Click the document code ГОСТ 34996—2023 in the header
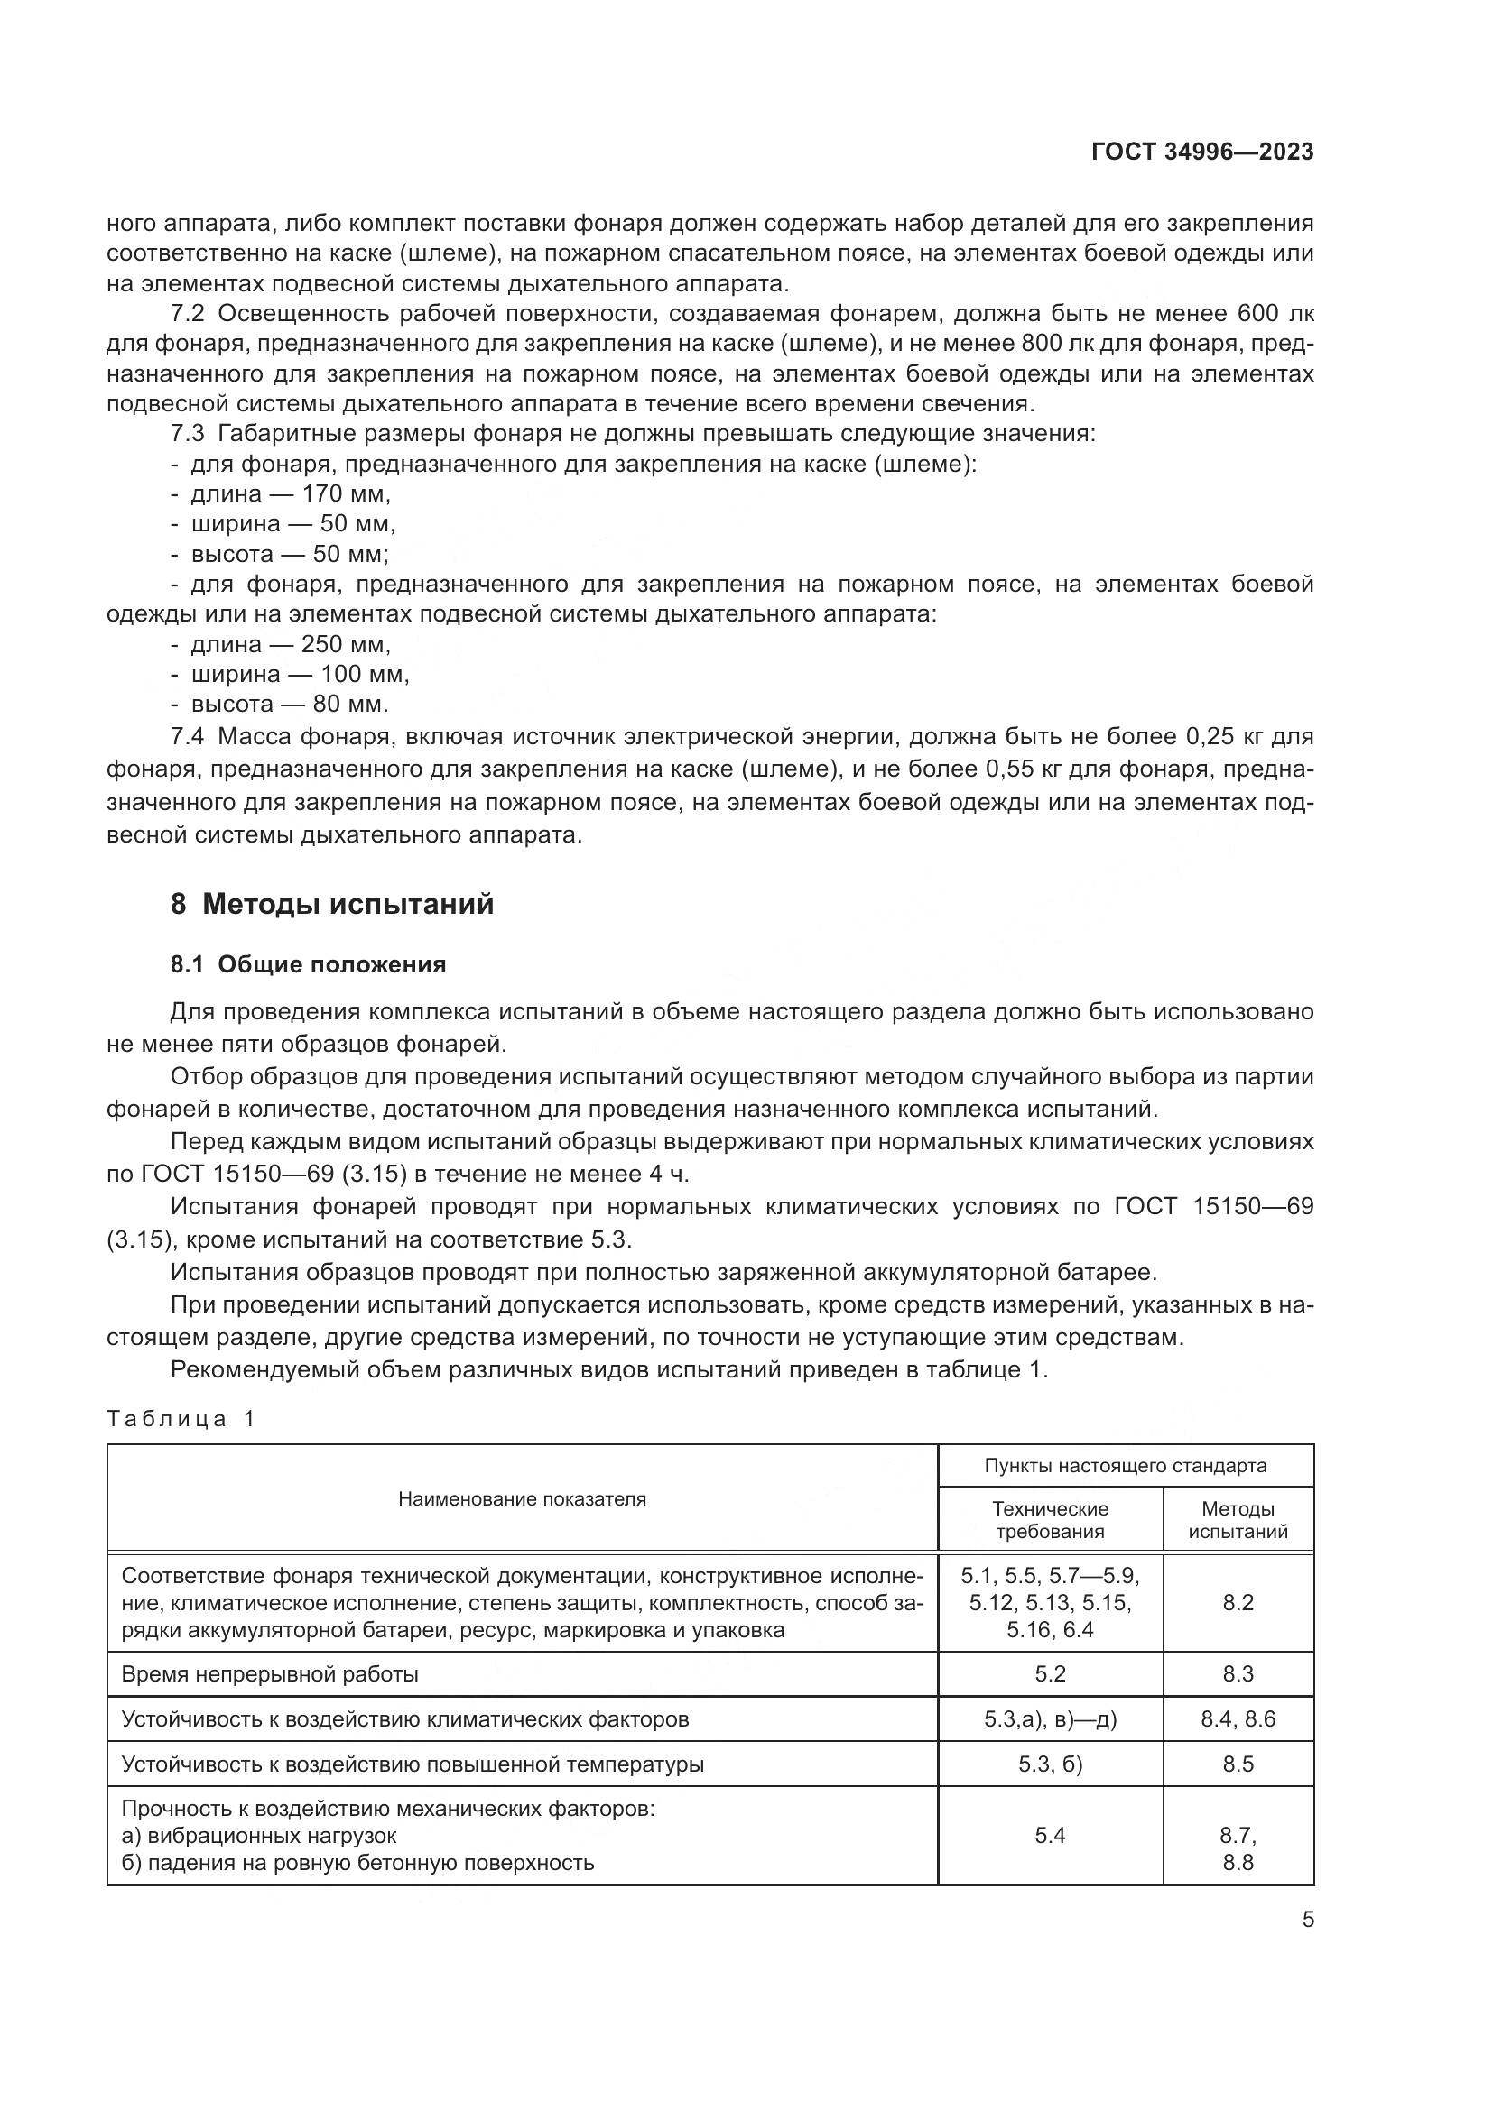tap(1201, 152)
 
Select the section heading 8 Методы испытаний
tap(332, 904)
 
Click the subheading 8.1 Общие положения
tap(308, 964)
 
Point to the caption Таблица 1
tap(181, 1418)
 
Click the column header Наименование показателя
tap(521, 1499)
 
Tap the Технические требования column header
tap(1050, 1520)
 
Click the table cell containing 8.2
tap(1238, 1603)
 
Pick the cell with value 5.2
tap(1050, 1674)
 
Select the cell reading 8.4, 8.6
tap(1238, 1719)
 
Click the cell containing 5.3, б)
tap(1050, 1764)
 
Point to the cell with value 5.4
tap(1050, 1836)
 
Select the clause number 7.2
tap(188, 314)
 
